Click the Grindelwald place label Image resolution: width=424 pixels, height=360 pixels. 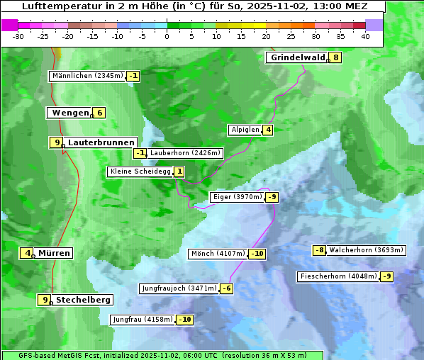tap(296, 58)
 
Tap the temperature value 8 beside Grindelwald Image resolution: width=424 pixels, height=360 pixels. tap(335, 58)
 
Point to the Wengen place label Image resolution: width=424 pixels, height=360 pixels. tap(70, 113)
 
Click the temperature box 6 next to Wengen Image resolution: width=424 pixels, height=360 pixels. tap(100, 113)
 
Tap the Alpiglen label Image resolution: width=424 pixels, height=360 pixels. tap(245, 130)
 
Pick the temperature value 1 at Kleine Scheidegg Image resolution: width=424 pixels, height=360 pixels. tap(179, 171)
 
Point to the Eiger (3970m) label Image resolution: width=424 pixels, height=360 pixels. tap(238, 197)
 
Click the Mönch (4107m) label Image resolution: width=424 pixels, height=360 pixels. tap(218, 254)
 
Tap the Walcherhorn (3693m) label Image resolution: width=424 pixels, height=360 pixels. tap(367, 250)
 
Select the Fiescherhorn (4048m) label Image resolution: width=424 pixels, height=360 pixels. tap(338, 276)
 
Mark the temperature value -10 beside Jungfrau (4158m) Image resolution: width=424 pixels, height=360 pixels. tap(184, 320)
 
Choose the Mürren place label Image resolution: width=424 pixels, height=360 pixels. tap(54, 253)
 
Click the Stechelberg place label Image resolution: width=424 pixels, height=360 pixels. tap(83, 300)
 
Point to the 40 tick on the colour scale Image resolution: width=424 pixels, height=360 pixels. tap(365, 36)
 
